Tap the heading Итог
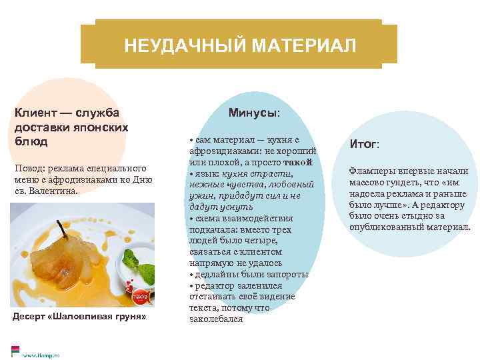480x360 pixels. pyautogui.click(x=364, y=143)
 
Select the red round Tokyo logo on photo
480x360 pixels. pyautogui.click(x=139, y=294)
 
